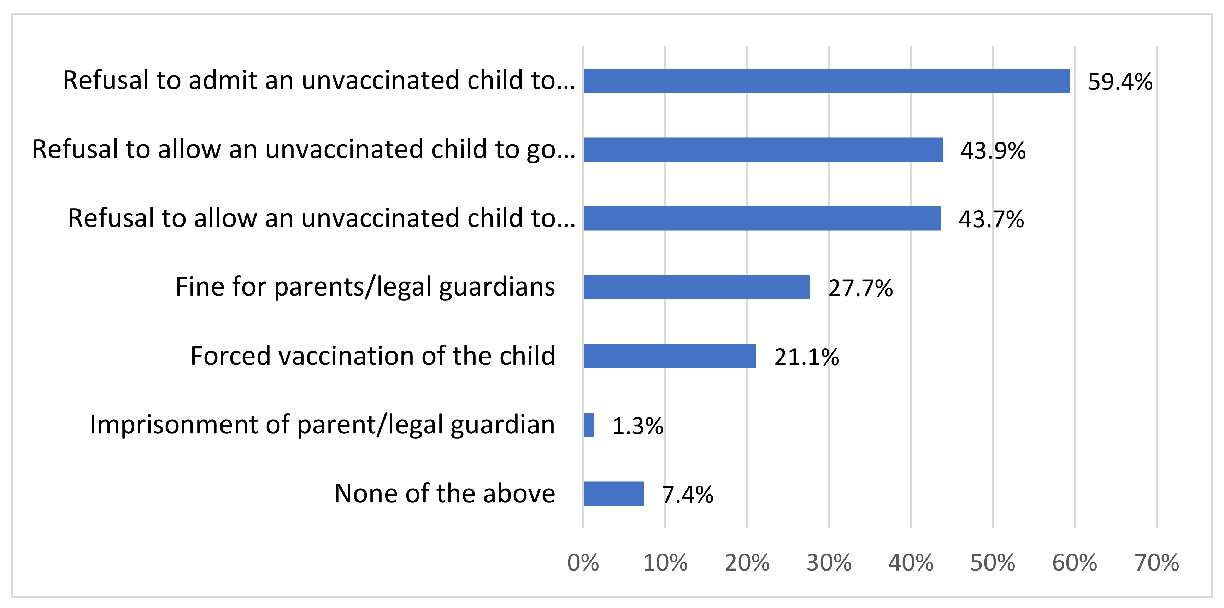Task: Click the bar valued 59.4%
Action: point(827,81)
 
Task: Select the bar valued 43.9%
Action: point(763,150)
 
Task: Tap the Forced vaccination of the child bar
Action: point(670,356)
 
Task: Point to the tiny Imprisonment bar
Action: point(589,425)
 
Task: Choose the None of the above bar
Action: point(614,494)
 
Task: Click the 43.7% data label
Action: point(991,219)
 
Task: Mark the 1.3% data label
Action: point(638,426)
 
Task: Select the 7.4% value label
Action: point(688,495)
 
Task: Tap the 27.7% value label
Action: point(860,288)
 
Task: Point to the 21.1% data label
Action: point(806,357)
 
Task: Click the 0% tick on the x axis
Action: point(583,563)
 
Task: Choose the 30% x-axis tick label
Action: point(829,563)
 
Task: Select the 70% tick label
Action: point(1157,563)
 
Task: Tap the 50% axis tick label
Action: point(993,563)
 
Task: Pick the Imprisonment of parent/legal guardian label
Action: point(322,425)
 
